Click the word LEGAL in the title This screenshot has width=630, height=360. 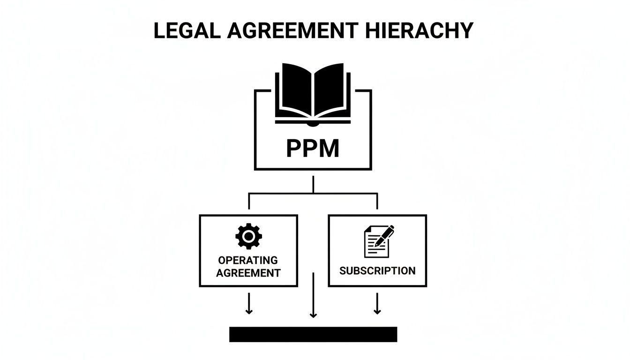186,31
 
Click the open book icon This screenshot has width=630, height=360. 313,94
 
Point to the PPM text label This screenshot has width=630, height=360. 313,148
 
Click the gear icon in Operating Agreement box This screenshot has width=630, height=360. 248,237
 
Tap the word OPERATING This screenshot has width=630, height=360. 248,260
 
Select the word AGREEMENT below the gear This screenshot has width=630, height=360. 248,273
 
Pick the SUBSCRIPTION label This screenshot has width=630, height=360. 377,271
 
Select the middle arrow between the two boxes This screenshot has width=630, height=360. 313,296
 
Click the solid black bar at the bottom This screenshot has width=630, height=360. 313,334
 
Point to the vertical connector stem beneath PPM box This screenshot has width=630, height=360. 313,184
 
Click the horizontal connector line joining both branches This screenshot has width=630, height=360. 313,193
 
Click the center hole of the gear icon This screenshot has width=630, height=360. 248,237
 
